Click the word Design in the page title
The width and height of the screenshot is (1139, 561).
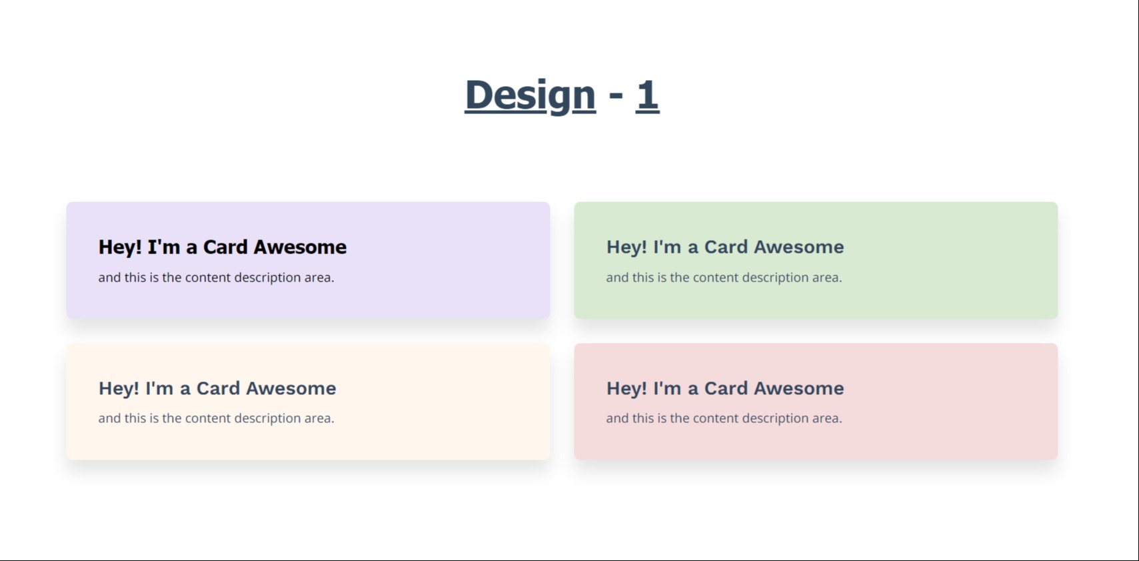[x=530, y=95]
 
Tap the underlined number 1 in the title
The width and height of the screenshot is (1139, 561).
[x=647, y=95]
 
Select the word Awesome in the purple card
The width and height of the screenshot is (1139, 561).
[x=300, y=247]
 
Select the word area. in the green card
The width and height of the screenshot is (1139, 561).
[x=827, y=278]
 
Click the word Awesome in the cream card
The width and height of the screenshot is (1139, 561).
[x=291, y=388]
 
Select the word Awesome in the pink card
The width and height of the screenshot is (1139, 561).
[x=799, y=388]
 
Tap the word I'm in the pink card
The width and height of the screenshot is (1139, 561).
[x=667, y=388]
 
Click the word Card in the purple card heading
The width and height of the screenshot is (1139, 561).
[x=225, y=247]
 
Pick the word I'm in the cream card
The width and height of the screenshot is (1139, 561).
[x=159, y=388]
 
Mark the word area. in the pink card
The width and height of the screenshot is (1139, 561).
[x=827, y=418]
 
